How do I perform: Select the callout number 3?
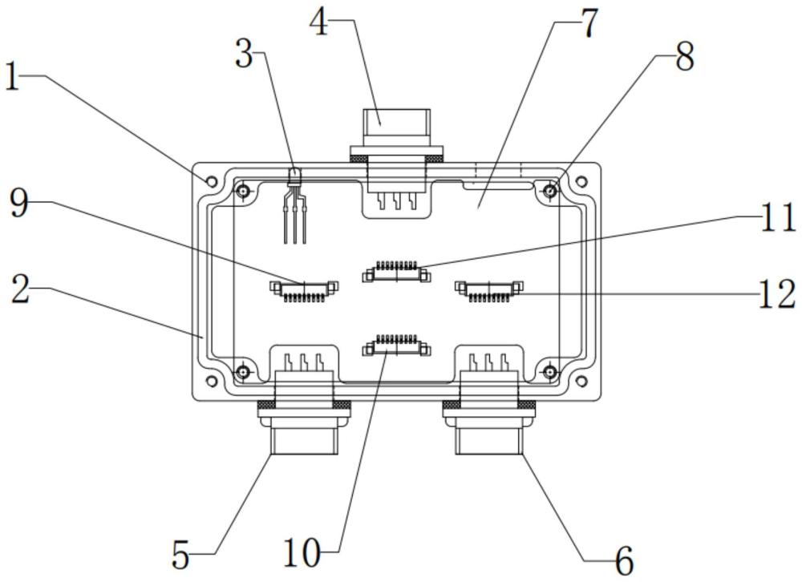coord(245,55)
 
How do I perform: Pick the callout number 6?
coord(624,561)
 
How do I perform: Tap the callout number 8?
coord(684,57)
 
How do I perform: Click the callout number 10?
coord(302,553)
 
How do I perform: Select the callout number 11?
coord(777,218)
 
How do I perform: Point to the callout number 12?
coord(776,294)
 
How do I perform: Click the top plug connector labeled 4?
coord(396,161)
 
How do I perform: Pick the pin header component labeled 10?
coord(396,346)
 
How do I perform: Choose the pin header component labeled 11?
coord(396,271)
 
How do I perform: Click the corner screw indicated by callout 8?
coord(550,192)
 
